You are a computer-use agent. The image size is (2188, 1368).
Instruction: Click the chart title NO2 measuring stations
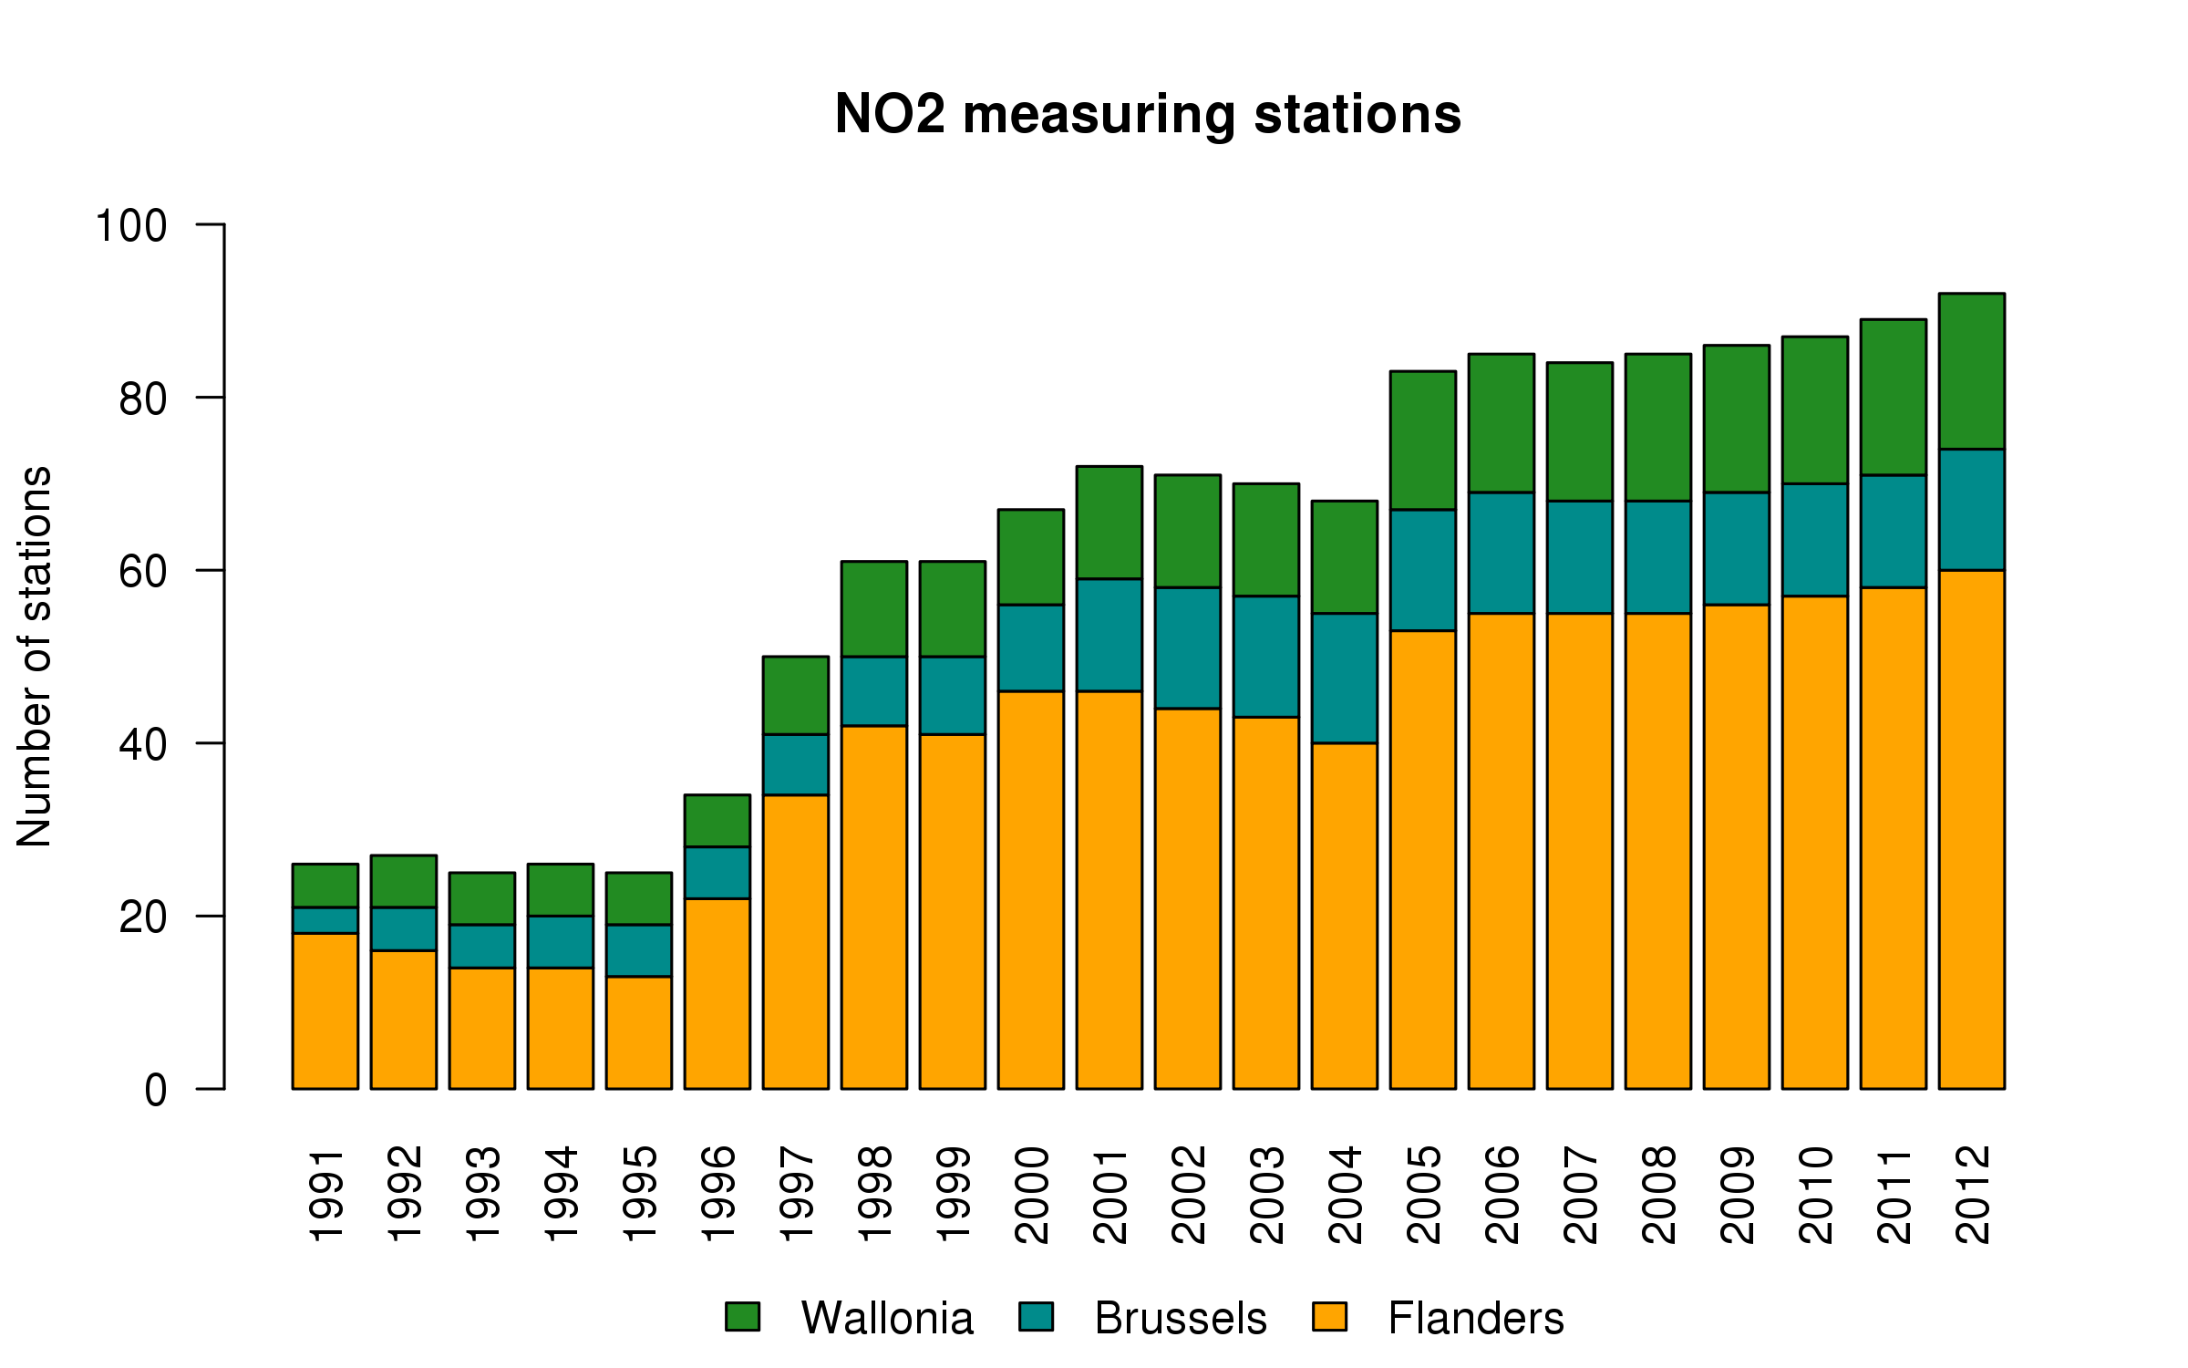point(1148,115)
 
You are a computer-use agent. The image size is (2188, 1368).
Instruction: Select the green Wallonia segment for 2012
point(1971,371)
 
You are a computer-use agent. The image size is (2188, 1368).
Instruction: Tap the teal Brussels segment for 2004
point(1344,678)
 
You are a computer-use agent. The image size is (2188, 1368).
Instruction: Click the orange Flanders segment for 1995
point(638,1032)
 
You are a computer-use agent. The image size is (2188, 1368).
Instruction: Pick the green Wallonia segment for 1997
point(795,695)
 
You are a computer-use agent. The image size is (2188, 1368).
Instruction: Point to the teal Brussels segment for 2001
point(1109,635)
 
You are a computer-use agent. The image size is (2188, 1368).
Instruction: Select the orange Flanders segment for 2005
point(1422,859)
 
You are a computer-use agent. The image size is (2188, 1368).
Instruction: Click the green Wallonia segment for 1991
point(325,886)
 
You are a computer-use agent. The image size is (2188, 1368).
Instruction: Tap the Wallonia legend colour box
point(742,1317)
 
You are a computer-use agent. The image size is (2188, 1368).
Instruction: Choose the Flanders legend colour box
point(1329,1317)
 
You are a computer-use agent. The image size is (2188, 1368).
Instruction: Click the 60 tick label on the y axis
point(143,571)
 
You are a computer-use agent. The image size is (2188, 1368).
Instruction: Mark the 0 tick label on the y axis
point(156,1090)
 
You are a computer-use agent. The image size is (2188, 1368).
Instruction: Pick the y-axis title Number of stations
point(35,657)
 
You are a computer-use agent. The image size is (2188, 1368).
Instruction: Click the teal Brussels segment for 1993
point(481,946)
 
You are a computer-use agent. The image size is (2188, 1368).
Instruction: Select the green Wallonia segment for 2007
point(1579,431)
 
